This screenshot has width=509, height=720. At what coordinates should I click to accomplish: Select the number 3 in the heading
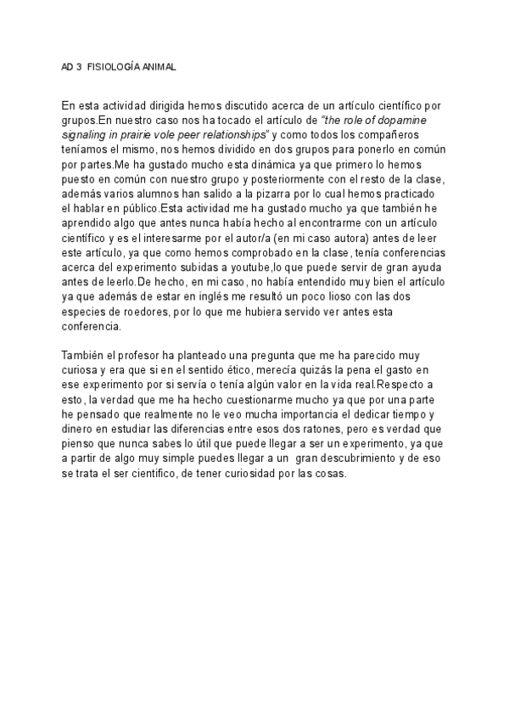(x=79, y=65)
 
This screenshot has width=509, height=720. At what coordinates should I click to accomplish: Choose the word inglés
(x=219, y=301)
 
